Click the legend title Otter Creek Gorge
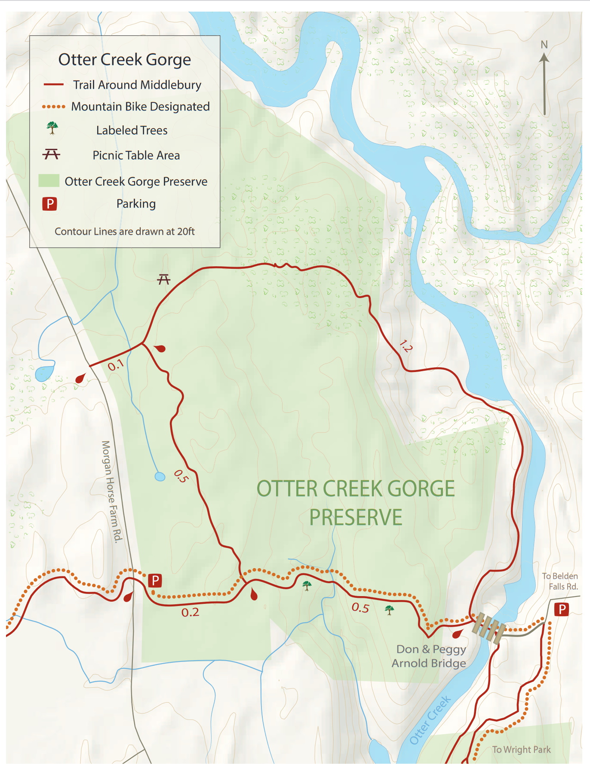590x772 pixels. click(124, 59)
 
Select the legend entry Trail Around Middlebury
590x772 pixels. click(137, 85)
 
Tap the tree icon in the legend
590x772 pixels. click(52, 128)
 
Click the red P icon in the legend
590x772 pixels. click(49, 203)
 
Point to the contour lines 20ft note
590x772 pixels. click(124, 231)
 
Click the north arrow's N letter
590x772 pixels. click(544, 45)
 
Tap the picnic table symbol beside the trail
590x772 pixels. click(163, 280)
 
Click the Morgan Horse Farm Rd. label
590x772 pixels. click(112, 491)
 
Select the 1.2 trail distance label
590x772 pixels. click(406, 346)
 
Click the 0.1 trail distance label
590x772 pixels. click(116, 366)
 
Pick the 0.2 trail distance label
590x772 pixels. click(190, 612)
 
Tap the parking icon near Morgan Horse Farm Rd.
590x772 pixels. click(155, 581)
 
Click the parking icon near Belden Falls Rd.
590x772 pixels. click(562, 609)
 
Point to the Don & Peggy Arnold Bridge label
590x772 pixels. click(430, 656)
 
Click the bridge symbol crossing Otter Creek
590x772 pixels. click(489, 627)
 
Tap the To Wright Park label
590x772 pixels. click(521, 750)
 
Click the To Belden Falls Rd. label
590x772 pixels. click(560, 581)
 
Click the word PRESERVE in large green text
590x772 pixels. click(356, 517)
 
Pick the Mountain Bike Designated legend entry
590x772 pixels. click(140, 106)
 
